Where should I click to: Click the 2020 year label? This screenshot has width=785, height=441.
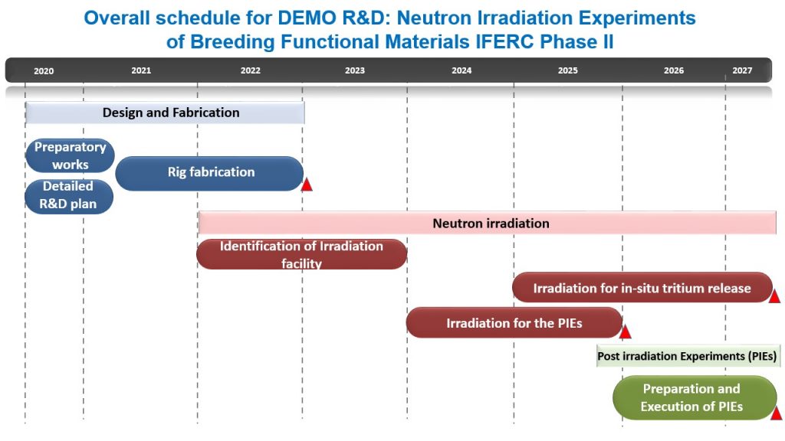pos(44,71)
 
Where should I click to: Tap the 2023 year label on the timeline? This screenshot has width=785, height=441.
pos(354,70)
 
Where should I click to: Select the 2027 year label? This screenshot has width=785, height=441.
pos(742,70)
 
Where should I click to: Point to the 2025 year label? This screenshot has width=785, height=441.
pos(568,70)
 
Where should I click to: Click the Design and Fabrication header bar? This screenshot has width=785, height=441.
pos(165,113)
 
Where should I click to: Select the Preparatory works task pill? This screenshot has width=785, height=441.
pos(70,155)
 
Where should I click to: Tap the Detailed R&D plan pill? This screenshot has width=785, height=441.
pos(68,196)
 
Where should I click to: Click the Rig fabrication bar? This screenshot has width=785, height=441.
pos(209,173)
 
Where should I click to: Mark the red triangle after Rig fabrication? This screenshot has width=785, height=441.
pos(307,185)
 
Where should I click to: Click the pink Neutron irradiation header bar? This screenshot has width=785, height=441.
pos(487,223)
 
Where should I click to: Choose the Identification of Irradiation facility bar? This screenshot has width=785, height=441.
pos(301,254)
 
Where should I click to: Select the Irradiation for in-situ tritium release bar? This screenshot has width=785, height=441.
pos(642,288)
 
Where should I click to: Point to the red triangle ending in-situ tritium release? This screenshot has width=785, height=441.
pos(774,296)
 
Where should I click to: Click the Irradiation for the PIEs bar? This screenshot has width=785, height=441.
pos(514,322)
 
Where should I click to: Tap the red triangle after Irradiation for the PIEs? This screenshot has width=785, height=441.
pos(626,332)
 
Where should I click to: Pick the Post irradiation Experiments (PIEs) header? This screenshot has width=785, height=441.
pos(688,356)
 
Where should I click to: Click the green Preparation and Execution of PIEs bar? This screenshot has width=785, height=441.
pos(695,397)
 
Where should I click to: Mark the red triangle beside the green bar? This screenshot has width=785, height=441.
pos(776,413)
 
